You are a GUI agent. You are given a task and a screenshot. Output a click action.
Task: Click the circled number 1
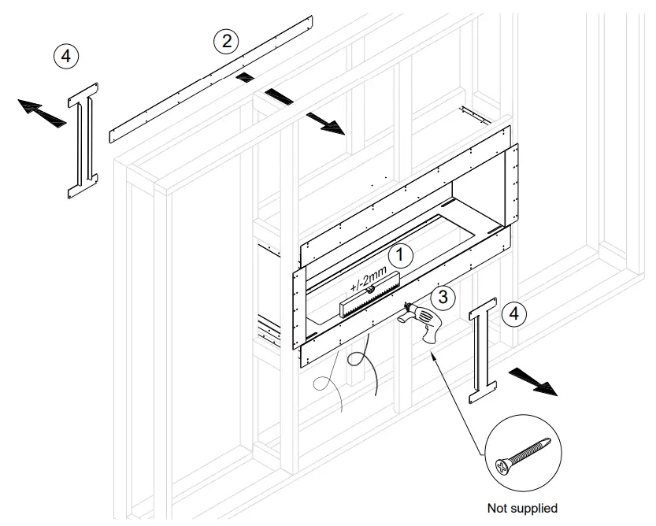coord(401,254)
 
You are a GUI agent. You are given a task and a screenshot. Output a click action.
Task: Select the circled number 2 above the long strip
coord(227,40)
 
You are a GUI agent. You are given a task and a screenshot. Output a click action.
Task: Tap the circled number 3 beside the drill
coord(444,297)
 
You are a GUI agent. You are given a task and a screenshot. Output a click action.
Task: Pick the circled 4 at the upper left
coord(66,56)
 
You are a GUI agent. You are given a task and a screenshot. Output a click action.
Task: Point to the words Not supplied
coord(522,508)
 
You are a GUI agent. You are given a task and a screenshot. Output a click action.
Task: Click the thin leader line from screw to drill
coord(457,402)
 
